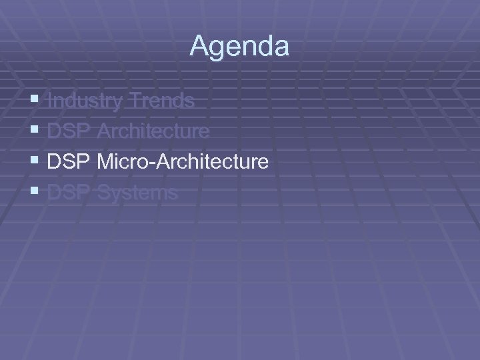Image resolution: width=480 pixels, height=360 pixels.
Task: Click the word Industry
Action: point(85,101)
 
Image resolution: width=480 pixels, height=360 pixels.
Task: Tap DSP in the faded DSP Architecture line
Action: point(69,131)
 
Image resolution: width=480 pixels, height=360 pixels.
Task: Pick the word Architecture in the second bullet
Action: point(153,131)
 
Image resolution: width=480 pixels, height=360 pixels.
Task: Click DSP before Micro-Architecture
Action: point(69,161)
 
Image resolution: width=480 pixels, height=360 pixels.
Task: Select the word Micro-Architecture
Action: point(183,161)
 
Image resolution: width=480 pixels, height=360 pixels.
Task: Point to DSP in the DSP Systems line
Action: point(69,193)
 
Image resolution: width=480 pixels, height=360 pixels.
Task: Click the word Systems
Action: point(137,193)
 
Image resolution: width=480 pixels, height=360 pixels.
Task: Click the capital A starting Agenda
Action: point(199,47)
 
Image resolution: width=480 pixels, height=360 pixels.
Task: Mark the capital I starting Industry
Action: point(51,101)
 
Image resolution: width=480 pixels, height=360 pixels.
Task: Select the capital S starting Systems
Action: point(103,193)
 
